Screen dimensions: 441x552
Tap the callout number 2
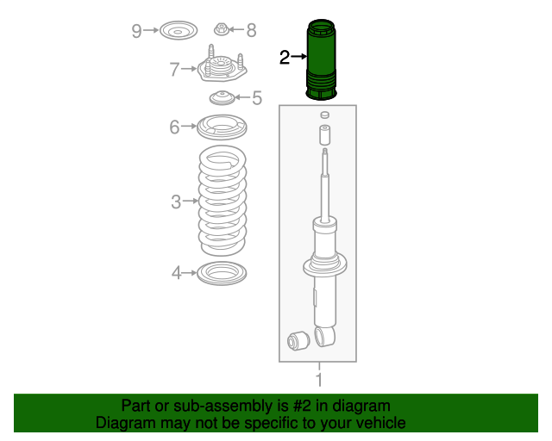click(x=285, y=58)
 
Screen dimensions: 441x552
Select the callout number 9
click(x=137, y=32)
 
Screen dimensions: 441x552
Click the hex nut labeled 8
click(x=221, y=31)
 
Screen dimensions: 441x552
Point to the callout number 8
click(x=251, y=32)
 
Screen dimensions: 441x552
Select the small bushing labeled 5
click(x=222, y=97)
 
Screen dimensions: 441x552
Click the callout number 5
click(x=257, y=98)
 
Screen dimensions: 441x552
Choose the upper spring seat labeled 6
click(x=221, y=128)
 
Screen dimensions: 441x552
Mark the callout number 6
click(x=174, y=128)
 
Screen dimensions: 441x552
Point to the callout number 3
click(x=175, y=202)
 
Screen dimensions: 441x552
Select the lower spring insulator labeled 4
click(x=222, y=275)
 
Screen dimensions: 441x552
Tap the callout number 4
click(x=175, y=274)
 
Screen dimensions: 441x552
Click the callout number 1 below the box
click(x=318, y=380)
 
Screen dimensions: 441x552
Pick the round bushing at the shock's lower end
click(x=299, y=341)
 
